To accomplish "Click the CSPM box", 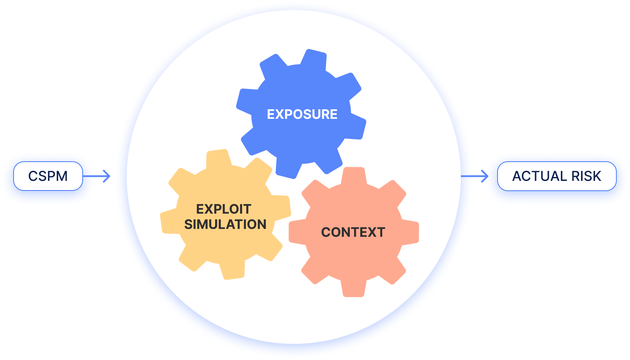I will [x=48, y=176].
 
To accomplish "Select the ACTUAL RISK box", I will [x=557, y=176].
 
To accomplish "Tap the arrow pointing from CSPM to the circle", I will [x=103, y=177].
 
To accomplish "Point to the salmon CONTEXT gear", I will [x=353, y=262].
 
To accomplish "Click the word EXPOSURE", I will [x=302, y=114].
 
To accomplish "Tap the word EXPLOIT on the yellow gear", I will [x=223, y=209].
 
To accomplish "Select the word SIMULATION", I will [x=225, y=225].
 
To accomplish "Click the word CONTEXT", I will [x=353, y=232].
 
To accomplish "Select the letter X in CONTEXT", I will [x=370, y=232].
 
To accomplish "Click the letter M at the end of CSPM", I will [x=63, y=177].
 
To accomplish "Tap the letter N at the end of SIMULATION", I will [x=261, y=225].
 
